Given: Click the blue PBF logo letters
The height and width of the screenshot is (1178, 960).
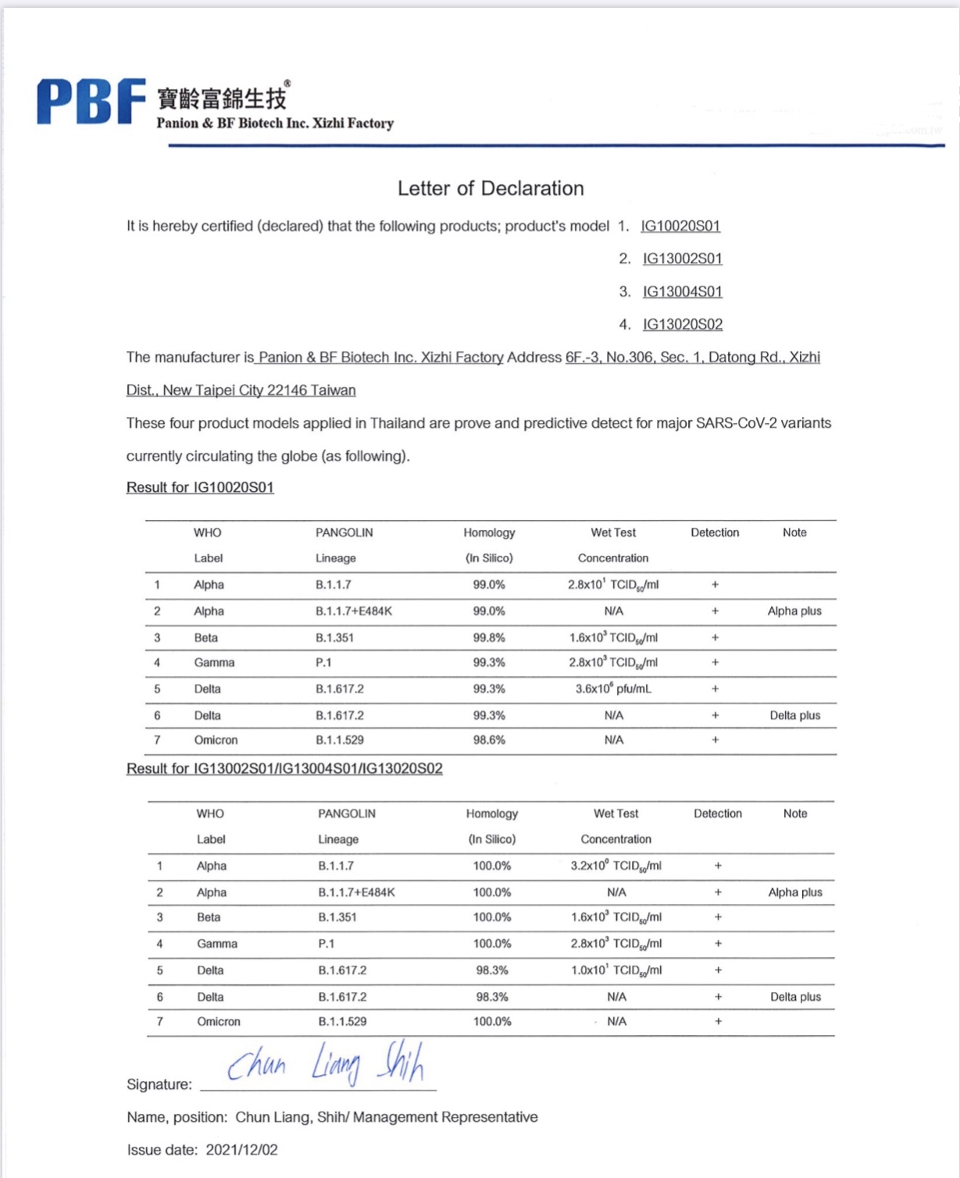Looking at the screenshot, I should click(91, 101).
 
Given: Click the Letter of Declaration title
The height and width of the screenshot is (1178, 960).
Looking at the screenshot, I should click(491, 188).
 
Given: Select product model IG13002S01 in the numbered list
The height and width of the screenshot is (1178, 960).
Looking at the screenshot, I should click(682, 258).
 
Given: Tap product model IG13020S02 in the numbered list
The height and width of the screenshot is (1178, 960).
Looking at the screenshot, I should click(682, 324).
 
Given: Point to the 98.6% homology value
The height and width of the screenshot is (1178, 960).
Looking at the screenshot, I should click(489, 740).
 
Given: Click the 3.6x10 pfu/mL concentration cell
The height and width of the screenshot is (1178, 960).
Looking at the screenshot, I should click(613, 689).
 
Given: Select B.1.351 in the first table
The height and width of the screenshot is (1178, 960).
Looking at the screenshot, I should click(334, 638).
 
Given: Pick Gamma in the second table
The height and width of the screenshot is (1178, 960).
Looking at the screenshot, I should click(217, 944).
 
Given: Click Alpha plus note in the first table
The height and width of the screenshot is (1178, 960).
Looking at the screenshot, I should click(794, 611).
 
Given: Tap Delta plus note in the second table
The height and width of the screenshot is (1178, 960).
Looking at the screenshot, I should click(795, 997).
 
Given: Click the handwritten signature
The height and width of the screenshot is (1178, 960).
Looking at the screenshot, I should click(326, 1063).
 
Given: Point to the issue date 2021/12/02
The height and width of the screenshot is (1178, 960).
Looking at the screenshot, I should click(241, 1150).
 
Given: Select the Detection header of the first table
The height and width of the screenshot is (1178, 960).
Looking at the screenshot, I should click(715, 532).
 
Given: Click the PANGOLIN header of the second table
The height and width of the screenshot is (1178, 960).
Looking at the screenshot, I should click(347, 813).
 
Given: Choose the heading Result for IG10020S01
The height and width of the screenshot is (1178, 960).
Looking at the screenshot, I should click(200, 487).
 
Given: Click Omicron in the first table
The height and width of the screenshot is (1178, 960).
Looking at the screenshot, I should click(216, 740).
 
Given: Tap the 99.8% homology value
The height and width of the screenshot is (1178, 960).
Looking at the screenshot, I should click(489, 638).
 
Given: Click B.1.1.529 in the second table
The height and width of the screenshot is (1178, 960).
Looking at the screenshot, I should click(342, 1021).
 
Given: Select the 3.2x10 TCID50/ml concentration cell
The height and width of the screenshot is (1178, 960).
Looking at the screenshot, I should click(616, 866).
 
